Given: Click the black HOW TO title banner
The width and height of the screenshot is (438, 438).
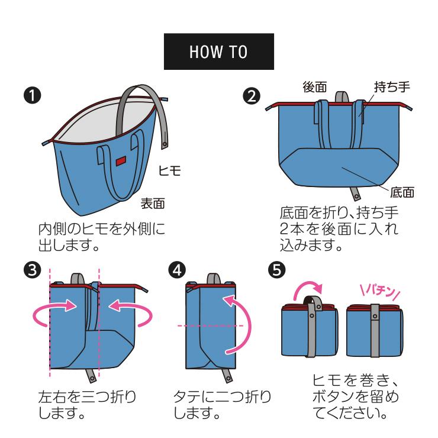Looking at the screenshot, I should tap(218, 51).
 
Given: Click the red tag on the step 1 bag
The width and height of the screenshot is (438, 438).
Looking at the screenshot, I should tap(121, 160).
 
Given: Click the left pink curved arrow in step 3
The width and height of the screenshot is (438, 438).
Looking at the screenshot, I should tap(54, 314).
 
